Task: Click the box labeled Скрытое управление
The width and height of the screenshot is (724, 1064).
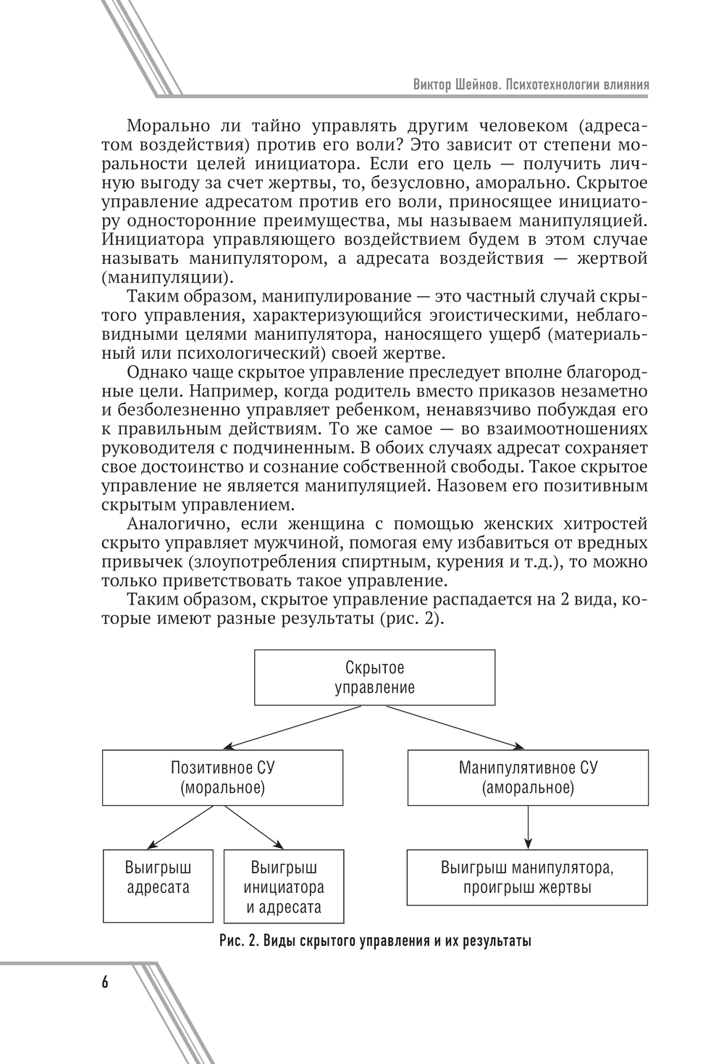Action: (374, 677)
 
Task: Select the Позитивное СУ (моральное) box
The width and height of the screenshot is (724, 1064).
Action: (222, 777)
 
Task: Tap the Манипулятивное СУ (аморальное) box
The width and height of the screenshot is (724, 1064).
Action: (528, 777)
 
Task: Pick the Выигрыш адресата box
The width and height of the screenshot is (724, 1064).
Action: (158, 886)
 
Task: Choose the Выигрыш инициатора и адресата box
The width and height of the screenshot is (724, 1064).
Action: (284, 886)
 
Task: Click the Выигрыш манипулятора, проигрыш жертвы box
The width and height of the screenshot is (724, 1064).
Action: (528, 877)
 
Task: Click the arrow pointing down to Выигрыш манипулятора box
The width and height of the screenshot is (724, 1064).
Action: (528, 826)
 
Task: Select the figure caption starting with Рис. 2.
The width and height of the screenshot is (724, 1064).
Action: (375, 942)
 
